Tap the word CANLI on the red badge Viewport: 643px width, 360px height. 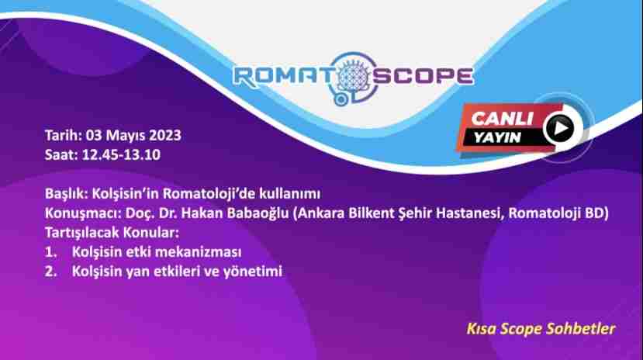point(502,119)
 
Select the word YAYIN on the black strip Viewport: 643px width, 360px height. point(497,137)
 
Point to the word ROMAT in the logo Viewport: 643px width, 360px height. point(282,77)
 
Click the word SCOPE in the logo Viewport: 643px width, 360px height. point(423,76)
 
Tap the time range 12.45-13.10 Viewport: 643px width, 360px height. point(121,155)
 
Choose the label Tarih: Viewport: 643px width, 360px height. point(64,135)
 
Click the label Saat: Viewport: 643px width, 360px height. point(61,155)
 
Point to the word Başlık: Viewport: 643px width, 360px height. point(67,193)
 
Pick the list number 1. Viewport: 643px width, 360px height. point(50,252)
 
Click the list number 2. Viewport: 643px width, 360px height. point(50,272)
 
